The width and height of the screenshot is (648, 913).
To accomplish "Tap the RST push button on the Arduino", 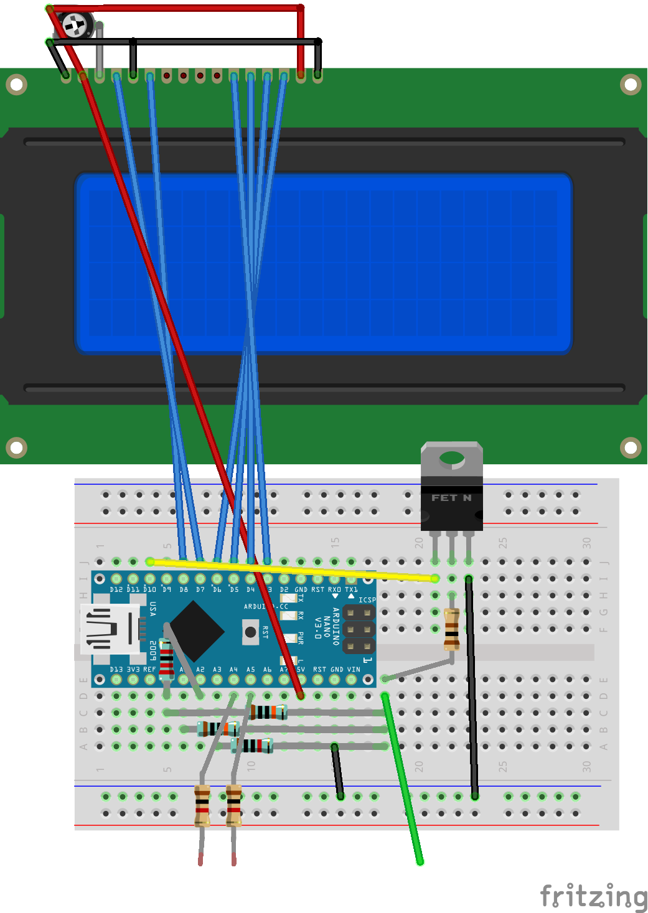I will [x=250, y=632].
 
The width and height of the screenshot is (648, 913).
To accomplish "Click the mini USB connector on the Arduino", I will [x=112, y=629].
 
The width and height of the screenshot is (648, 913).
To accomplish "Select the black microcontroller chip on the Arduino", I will [x=195, y=631].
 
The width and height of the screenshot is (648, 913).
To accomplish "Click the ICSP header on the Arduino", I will [x=359, y=630].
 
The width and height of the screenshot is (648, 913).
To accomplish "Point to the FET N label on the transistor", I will [x=451, y=498].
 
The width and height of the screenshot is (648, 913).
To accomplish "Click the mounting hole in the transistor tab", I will [x=451, y=459].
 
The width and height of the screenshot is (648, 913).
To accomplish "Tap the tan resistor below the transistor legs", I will [x=452, y=629].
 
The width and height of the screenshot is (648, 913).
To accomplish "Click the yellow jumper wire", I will [x=293, y=569].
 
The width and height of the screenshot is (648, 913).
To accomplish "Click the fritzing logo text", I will [x=593, y=896].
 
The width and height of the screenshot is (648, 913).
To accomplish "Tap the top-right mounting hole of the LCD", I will [x=631, y=85].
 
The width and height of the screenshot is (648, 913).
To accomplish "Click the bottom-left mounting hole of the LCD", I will [x=16, y=447].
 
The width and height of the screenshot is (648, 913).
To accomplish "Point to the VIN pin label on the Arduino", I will [x=354, y=670].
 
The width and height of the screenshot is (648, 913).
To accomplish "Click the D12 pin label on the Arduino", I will [x=116, y=589].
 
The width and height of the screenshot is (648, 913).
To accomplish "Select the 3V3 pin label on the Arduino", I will [x=133, y=670].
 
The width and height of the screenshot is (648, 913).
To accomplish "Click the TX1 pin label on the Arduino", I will [x=351, y=589].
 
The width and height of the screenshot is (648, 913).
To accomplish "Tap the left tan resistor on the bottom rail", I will [x=202, y=805].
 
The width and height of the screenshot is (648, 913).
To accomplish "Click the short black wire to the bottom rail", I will [x=337, y=772].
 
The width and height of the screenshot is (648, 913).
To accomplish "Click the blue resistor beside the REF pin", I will [x=166, y=658].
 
